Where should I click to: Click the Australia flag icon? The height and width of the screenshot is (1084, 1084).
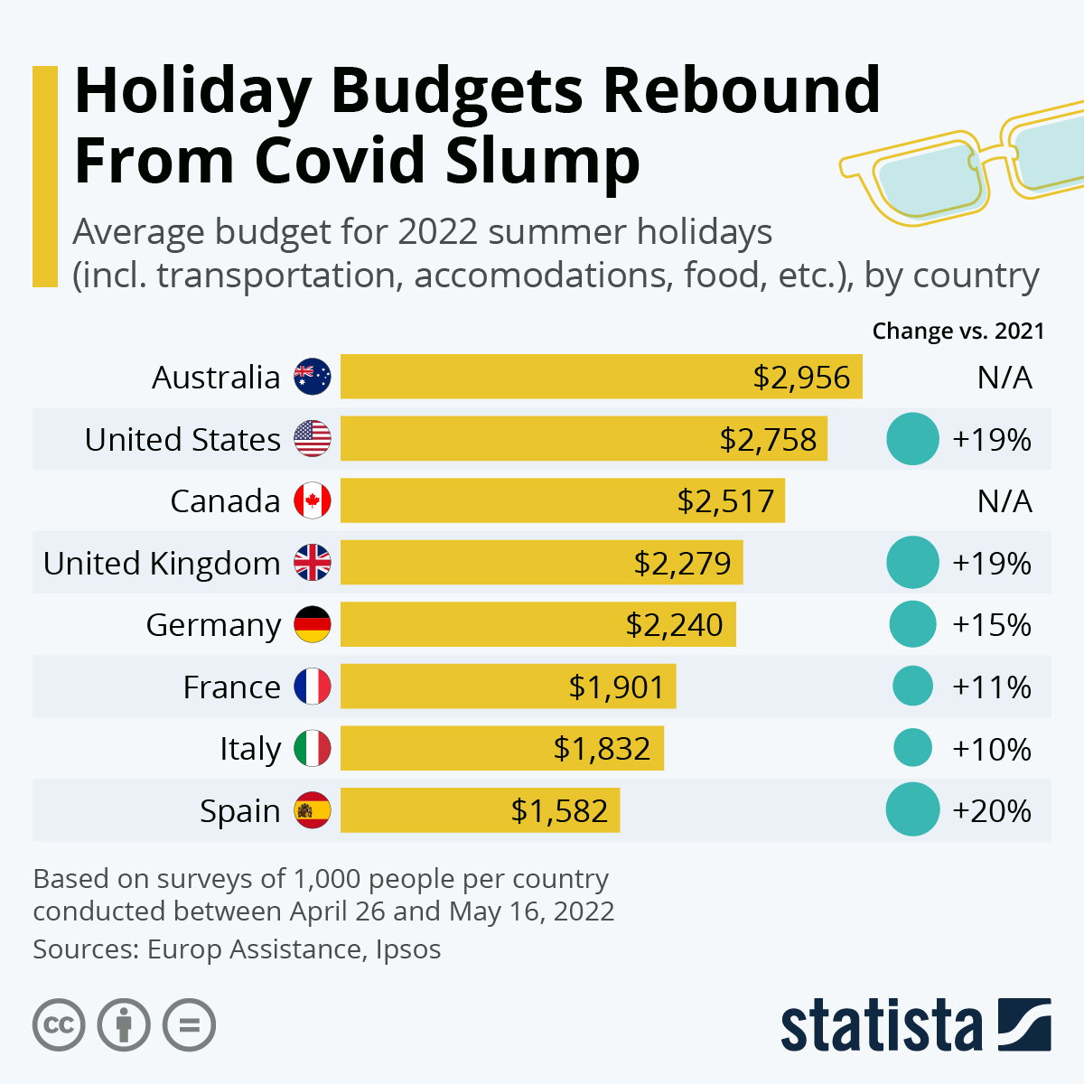(313, 378)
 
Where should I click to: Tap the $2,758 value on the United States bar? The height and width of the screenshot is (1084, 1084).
(768, 440)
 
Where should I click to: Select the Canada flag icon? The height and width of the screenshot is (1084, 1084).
(313, 501)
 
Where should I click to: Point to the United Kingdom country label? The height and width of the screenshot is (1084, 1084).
(162, 564)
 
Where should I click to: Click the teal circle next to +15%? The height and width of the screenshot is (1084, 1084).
(912, 625)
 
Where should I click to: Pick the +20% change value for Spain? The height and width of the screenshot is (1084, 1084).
(992, 811)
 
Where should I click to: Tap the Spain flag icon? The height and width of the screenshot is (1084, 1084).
(313, 811)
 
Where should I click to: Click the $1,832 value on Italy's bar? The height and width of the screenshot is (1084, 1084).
(602, 749)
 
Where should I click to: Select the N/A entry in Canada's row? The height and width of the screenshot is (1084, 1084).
(1005, 501)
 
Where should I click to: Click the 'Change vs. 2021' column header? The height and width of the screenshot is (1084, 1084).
(958, 332)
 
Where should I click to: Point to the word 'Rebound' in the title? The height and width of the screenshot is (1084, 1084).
(741, 90)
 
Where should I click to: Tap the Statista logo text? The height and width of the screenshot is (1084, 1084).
(881, 1026)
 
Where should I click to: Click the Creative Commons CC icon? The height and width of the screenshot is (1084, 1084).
(59, 1025)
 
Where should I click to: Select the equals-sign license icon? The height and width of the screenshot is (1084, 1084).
(190, 1025)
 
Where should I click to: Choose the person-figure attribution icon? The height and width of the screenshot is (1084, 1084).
(124, 1025)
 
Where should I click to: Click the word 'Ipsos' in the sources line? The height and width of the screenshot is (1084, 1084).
(408, 949)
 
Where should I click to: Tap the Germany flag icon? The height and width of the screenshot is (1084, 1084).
(313, 625)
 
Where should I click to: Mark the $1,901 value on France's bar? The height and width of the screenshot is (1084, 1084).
(616, 687)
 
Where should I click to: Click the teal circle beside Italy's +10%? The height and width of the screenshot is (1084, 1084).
(912, 749)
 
